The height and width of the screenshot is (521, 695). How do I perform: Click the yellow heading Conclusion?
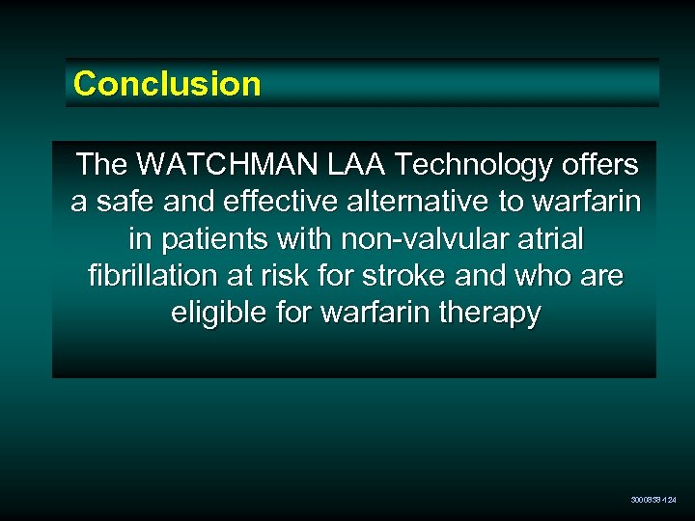(x=167, y=84)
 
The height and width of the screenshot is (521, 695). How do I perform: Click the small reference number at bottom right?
(x=653, y=500)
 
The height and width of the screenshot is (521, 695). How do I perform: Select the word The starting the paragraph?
(x=101, y=165)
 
